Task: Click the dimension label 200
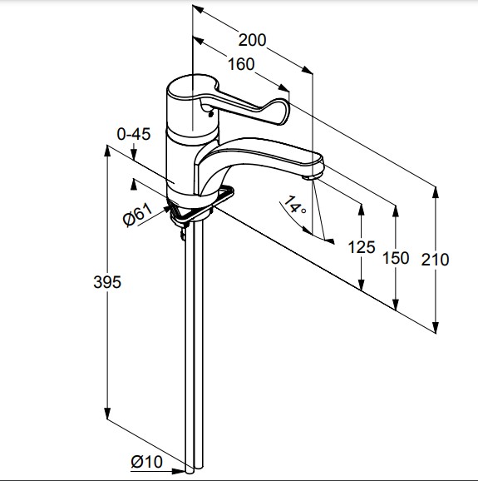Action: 252,40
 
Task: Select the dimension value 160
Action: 241,64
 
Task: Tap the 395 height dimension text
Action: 107,282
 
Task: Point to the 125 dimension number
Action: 362,247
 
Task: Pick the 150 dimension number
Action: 396,258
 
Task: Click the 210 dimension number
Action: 435,260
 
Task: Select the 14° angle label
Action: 295,205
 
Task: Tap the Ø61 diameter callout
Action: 137,214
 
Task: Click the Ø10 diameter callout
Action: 147,462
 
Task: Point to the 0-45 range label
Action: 134,134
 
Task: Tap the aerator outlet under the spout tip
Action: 310,177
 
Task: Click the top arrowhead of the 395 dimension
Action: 107,151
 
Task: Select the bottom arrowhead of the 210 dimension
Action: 436,326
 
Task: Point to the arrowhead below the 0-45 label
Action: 134,154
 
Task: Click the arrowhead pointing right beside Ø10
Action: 178,471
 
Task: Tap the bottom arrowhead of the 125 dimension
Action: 362,285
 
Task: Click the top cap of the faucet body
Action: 192,87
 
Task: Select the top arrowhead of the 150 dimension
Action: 396,211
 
